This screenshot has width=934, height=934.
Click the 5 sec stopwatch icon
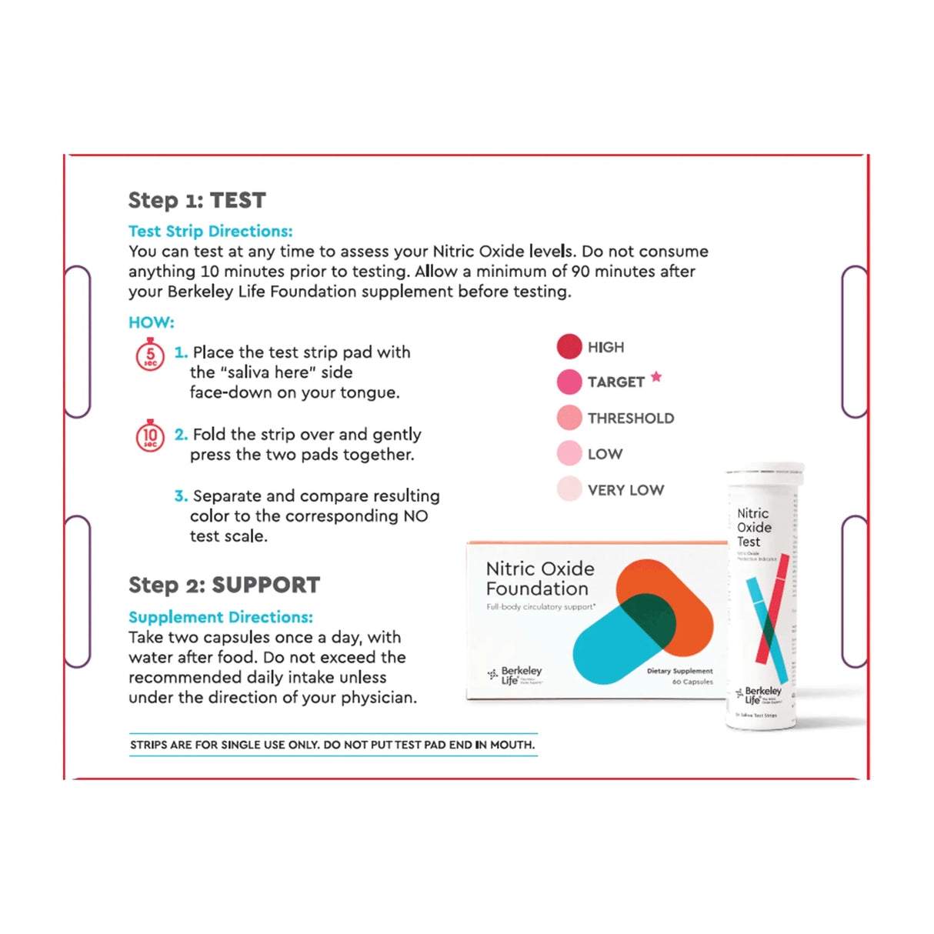pos(150,355)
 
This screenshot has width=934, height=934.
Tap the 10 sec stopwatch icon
pos(150,437)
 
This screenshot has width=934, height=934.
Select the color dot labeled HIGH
pos(569,347)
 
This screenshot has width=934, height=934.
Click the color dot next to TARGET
pos(569,382)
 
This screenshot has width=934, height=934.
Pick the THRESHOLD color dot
pos(569,418)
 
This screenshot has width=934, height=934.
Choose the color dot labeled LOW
pos(569,453)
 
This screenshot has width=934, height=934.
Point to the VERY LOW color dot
pos(569,489)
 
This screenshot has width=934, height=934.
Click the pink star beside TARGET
pos(656,377)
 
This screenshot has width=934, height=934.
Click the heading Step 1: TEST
pos(197,201)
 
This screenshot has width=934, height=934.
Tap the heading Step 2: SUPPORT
pos(224,585)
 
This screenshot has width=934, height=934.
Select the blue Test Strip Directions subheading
pos(210,232)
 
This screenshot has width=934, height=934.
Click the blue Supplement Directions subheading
pos(221,617)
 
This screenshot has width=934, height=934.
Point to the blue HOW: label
pos(151,322)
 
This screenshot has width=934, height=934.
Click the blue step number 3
pos(181,496)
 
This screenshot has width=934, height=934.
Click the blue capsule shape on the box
pos(608,654)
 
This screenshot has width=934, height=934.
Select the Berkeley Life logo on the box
pos(515,675)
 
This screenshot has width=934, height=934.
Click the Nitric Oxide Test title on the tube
pos(753,527)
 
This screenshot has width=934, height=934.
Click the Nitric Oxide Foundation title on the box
pos(539,579)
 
